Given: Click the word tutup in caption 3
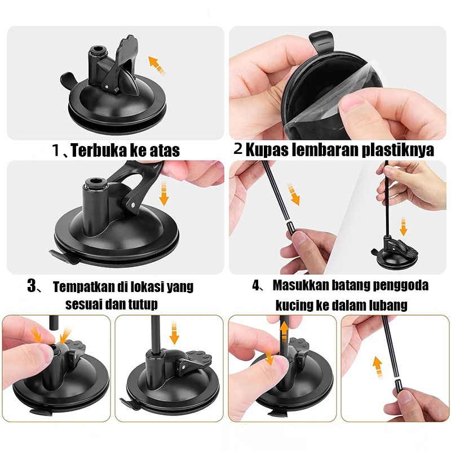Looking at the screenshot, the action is click(143, 304).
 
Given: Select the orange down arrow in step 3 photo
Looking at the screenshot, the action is click(163, 193).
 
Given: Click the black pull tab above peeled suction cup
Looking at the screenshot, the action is click(321, 42).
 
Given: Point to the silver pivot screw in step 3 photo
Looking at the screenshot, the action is click(132, 205).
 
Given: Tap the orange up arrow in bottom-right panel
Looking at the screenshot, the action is click(378, 366).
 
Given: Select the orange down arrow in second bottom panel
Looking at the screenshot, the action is click(174, 333).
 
